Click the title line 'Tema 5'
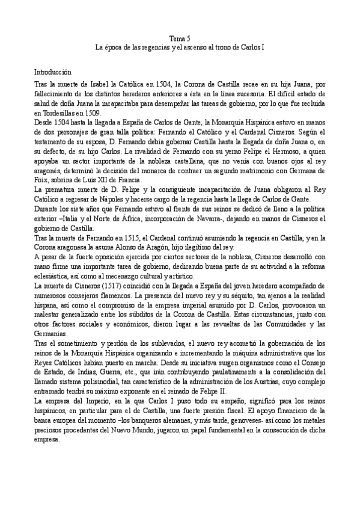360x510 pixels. coord(180,37)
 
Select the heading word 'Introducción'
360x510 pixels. coord(53,71)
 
